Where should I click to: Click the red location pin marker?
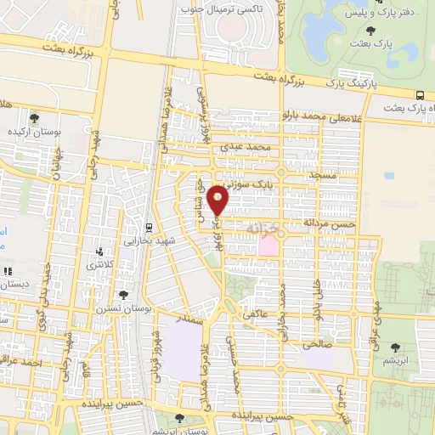tap(219, 201)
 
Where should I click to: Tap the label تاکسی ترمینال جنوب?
tap(217, 8)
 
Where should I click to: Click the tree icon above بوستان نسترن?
tap(124, 295)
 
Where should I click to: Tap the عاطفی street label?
tap(256, 314)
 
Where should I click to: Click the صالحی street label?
tap(316, 346)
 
